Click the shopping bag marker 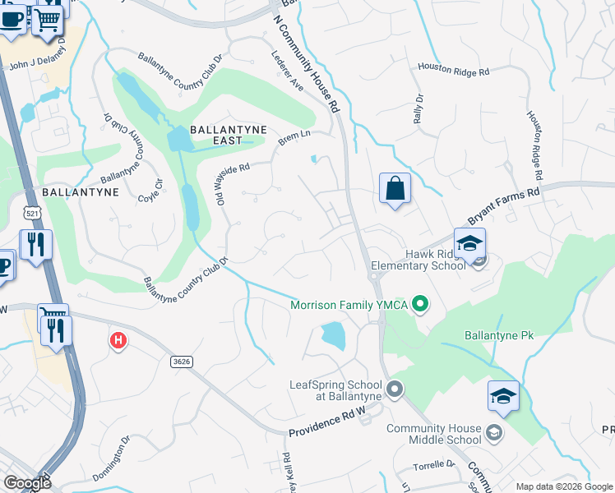click(x=395, y=189)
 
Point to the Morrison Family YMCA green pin click(x=421, y=306)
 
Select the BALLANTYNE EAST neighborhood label click(x=216, y=135)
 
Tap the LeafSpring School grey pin click(x=395, y=389)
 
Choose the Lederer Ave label click(x=288, y=72)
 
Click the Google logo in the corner click(x=27, y=483)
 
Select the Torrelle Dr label click(x=434, y=464)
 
